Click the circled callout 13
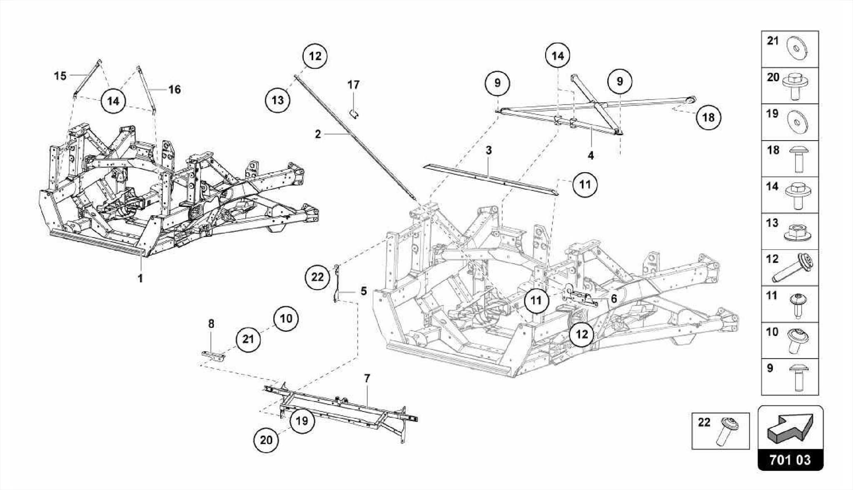tap(278, 100)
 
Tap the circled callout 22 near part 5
tap(317, 276)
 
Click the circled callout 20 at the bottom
tap(266, 440)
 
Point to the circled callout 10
tap(286, 318)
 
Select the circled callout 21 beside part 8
tap(248, 339)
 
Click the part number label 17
tap(353, 85)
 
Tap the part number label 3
tap(489, 150)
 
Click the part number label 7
tap(367, 378)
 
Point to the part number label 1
tap(140, 278)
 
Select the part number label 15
tap(60, 76)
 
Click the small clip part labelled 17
tap(354, 113)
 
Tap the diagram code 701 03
tap(790, 460)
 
